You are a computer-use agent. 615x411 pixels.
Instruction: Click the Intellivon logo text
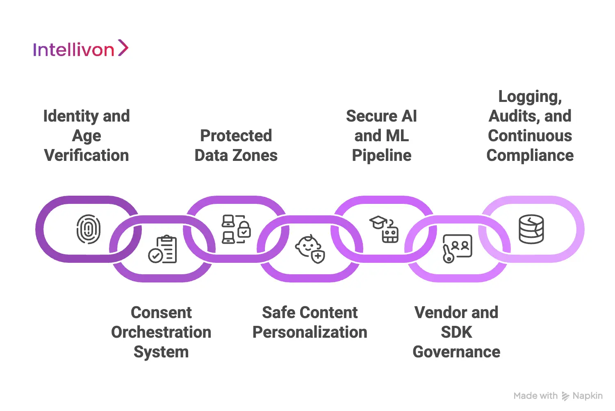(x=74, y=50)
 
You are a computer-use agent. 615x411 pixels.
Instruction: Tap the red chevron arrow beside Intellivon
(x=123, y=48)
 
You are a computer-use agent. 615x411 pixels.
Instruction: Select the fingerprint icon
(x=88, y=229)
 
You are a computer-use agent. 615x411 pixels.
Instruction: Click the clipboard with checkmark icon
(x=162, y=249)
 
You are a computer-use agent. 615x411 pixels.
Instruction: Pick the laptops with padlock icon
(x=236, y=229)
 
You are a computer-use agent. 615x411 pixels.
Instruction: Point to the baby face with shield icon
(x=310, y=249)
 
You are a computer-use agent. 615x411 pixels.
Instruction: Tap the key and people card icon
(x=457, y=248)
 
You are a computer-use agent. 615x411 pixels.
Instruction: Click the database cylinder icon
(x=531, y=229)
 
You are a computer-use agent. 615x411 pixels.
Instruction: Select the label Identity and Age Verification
(x=87, y=135)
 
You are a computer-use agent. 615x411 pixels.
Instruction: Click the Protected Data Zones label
(x=236, y=145)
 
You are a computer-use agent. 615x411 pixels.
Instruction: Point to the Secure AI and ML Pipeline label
(x=381, y=135)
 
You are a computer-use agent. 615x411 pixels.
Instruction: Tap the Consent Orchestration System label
(x=161, y=332)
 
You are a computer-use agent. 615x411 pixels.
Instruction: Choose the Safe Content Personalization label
(x=310, y=322)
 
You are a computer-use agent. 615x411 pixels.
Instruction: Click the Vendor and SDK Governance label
(x=456, y=332)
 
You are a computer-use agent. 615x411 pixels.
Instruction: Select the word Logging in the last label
(x=530, y=97)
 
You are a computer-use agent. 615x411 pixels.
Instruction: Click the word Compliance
(x=530, y=156)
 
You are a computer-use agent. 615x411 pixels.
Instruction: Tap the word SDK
(x=456, y=332)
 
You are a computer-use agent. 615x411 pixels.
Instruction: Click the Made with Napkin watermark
(x=558, y=396)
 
